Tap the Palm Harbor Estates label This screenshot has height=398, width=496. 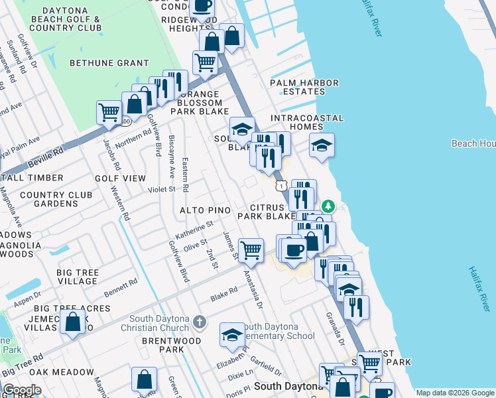pyautogui.click(x=304, y=88)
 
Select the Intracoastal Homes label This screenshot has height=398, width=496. pyautogui.click(x=307, y=123)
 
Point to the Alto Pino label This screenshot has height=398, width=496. pyautogui.click(x=206, y=210)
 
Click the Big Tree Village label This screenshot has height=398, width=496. pyautogui.click(x=78, y=277)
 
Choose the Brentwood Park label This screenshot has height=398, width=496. pyautogui.click(x=162, y=344)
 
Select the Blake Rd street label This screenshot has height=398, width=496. pyautogui.click(x=223, y=293)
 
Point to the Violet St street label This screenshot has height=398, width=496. pyautogui.click(x=161, y=189)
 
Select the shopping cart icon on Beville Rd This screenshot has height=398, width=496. pyautogui.click(x=109, y=111)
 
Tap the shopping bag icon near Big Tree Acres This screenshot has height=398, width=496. pyautogui.click(x=73, y=322)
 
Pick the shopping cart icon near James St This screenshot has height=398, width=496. pyautogui.click(x=251, y=250)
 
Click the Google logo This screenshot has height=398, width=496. pyautogui.click(x=22, y=390)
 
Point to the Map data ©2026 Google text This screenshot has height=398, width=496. pyautogui.click(x=454, y=393)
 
